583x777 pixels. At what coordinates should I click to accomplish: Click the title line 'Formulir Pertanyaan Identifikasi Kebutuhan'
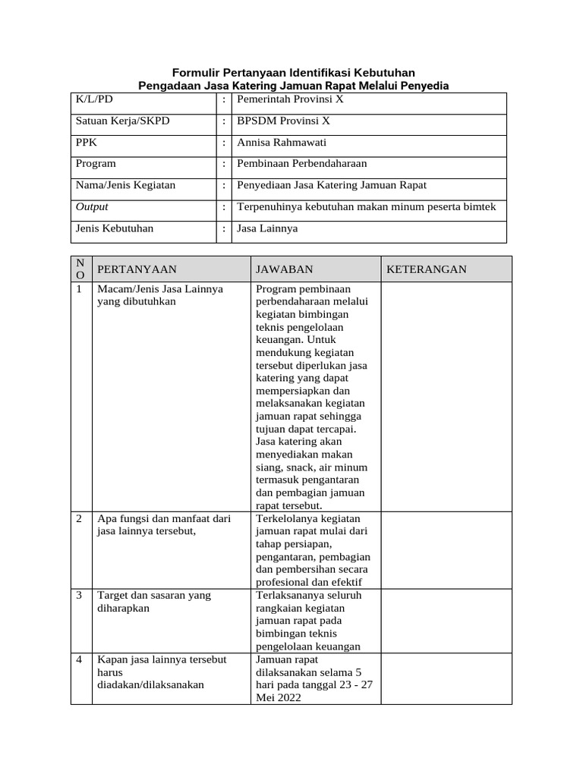[293, 71]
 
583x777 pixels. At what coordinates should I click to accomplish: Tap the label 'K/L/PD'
[93, 99]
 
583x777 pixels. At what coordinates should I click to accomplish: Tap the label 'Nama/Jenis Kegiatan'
[125, 184]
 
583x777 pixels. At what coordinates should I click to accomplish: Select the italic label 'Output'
[92, 206]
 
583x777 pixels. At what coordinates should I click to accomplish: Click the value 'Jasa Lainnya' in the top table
[267, 228]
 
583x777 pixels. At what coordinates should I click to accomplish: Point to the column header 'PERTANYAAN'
[137, 269]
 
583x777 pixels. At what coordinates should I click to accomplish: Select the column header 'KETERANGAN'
[427, 269]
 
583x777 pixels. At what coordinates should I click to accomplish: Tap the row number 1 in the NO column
[79, 289]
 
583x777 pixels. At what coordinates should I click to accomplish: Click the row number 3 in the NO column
[79, 596]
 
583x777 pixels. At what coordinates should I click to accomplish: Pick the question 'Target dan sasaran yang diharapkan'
[154, 602]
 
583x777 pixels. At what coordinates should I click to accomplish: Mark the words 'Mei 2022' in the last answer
[279, 697]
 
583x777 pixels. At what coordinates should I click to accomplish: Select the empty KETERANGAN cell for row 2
[446, 550]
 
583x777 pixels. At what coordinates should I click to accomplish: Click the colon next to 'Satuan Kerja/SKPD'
[224, 121]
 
